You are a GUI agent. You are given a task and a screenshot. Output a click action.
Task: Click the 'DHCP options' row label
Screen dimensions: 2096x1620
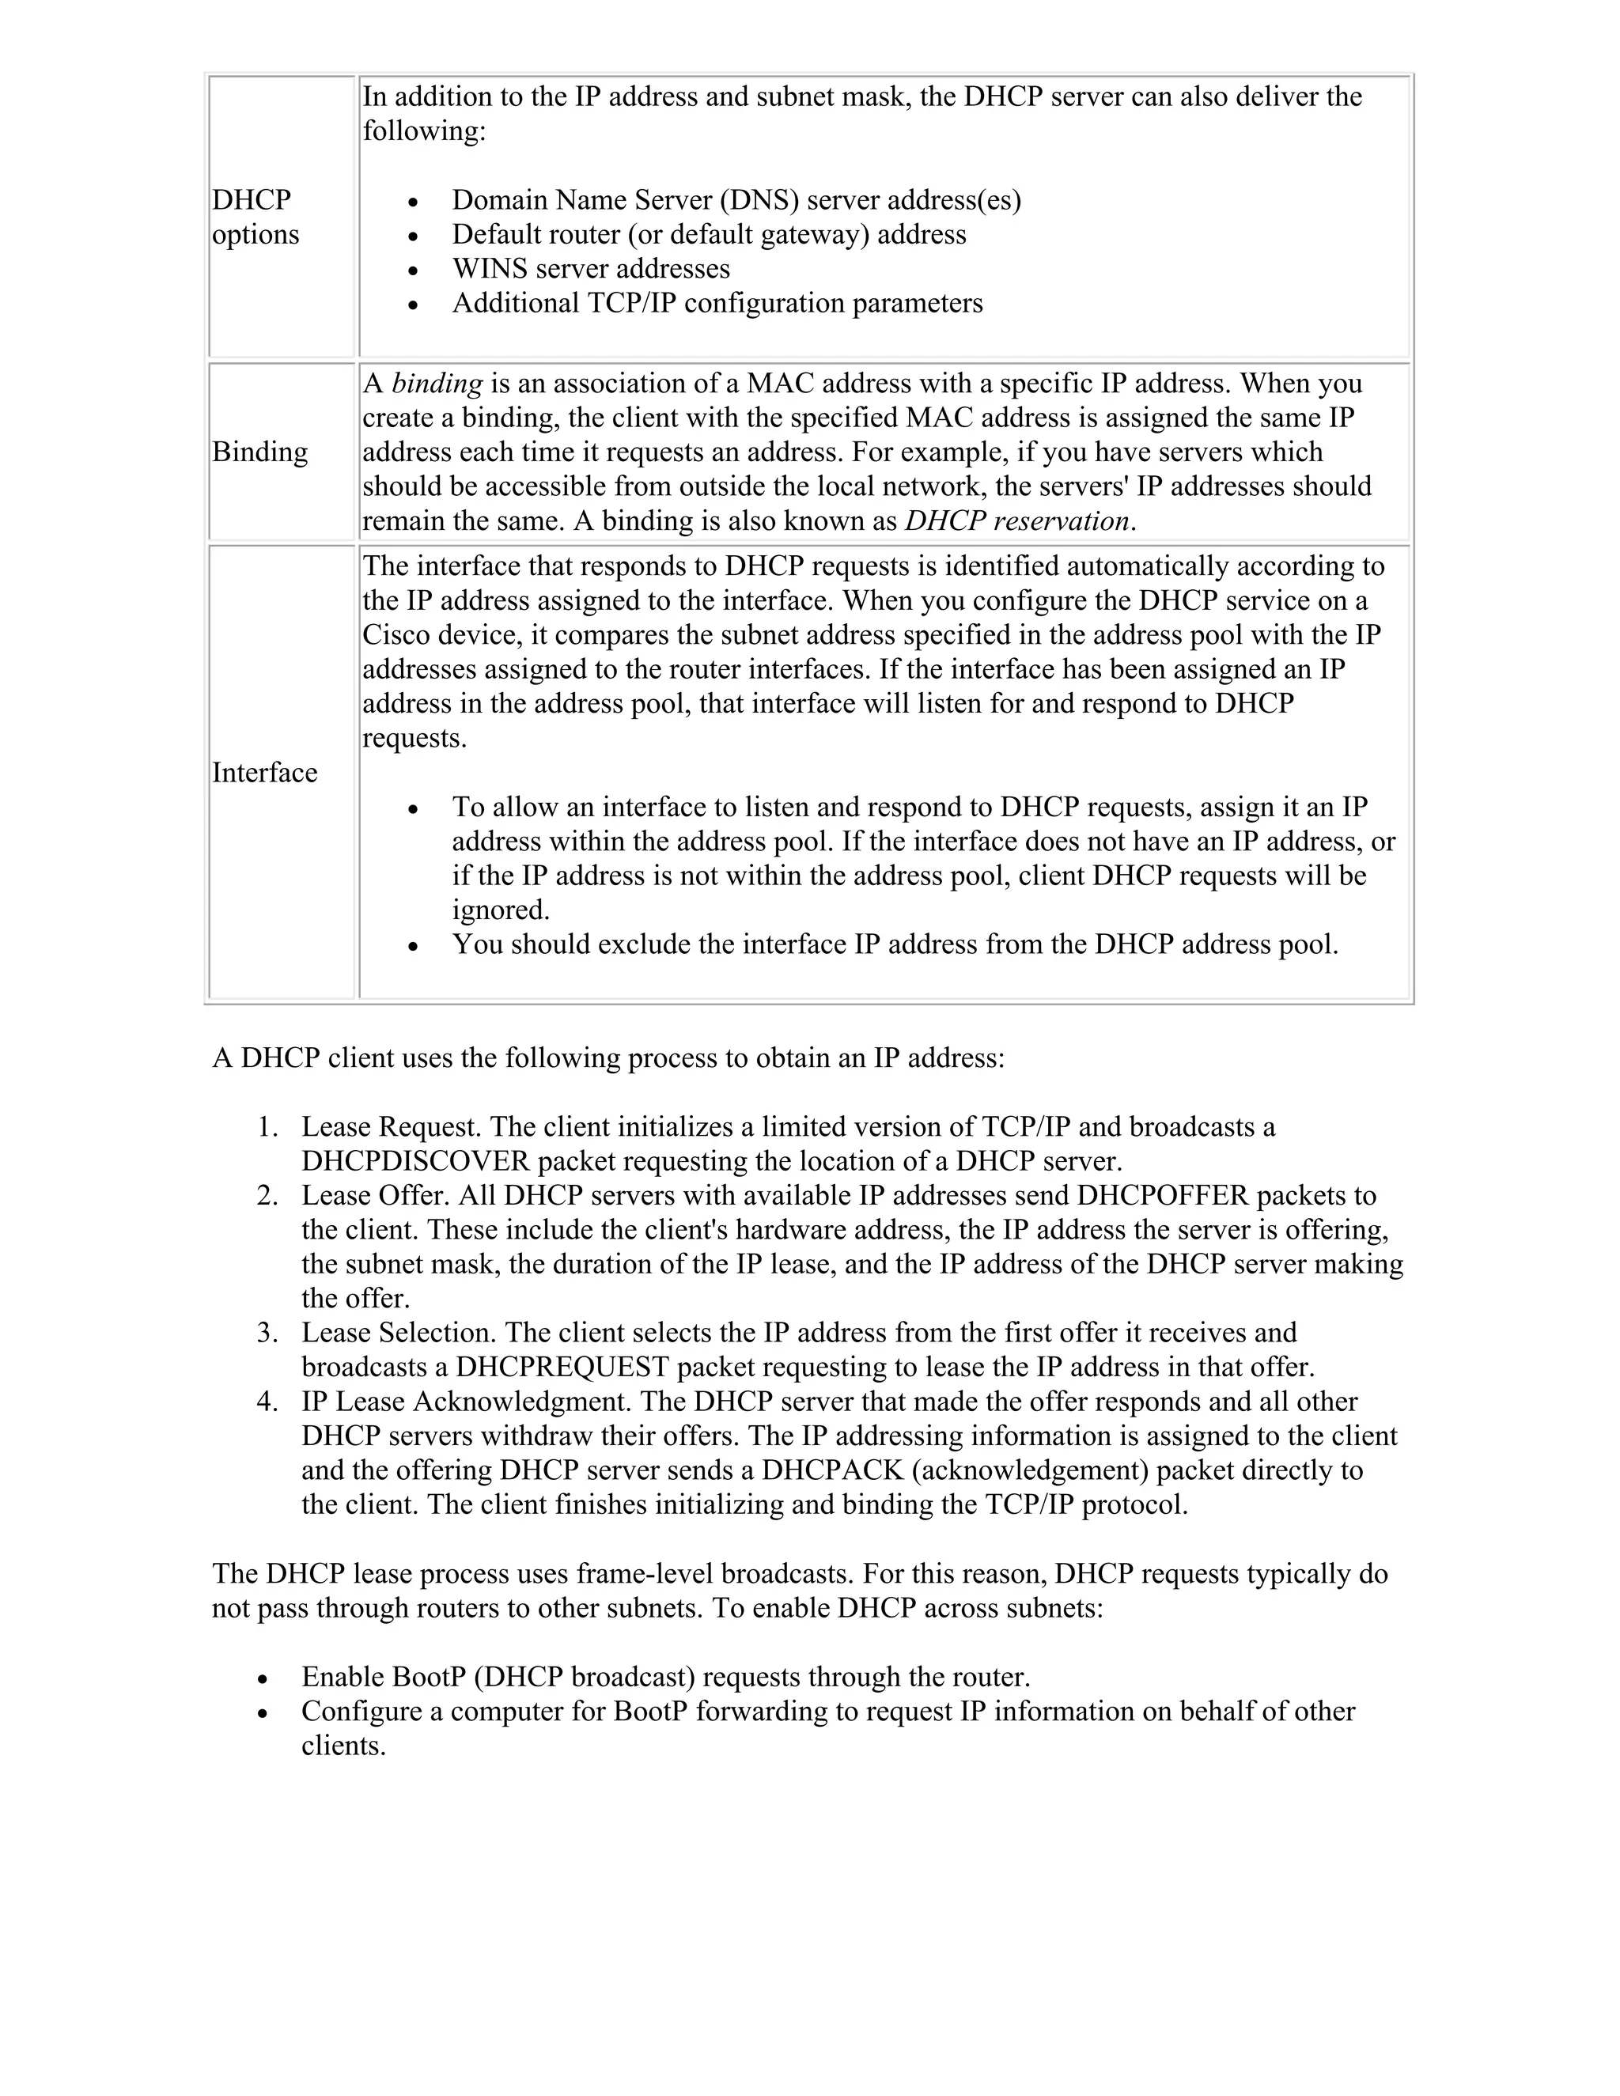tap(255, 217)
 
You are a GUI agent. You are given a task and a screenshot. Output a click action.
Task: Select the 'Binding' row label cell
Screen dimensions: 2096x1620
tap(260, 452)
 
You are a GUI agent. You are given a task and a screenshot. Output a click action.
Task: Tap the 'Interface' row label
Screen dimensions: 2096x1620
tap(264, 773)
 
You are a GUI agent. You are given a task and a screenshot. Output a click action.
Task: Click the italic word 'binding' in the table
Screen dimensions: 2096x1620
tap(437, 384)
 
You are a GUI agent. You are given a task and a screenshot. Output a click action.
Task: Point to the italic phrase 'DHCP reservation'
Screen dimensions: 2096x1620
tap(1016, 521)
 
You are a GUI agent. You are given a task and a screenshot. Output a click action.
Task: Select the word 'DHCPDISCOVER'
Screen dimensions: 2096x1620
tap(415, 1161)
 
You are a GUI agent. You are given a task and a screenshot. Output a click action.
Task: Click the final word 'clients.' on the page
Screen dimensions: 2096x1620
tap(343, 1746)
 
